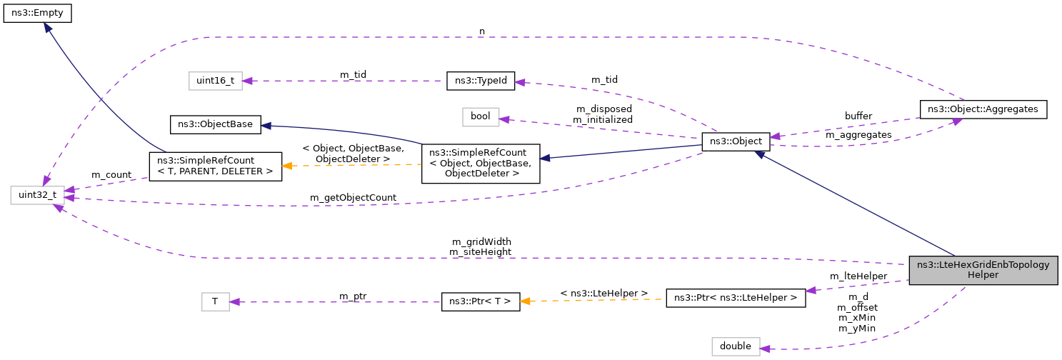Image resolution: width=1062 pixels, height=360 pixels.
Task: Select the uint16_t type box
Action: (x=215, y=81)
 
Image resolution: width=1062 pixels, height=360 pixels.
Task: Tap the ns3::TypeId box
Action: (x=480, y=81)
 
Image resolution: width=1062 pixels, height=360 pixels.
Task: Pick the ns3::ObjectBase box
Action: (x=215, y=124)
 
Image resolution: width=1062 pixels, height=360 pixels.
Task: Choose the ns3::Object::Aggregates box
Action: (x=983, y=109)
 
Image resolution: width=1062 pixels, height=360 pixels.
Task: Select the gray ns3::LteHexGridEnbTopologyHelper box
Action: (x=982, y=269)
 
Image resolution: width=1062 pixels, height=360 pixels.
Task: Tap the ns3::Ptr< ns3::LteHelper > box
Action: (x=736, y=297)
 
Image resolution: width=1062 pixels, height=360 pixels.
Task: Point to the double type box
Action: (x=736, y=346)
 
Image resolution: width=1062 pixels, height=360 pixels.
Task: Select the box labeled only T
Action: (x=215, y=301)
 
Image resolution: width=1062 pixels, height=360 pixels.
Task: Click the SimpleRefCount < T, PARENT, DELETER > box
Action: (x=215, y=165)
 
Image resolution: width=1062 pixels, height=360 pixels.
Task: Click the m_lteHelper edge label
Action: (x=858, y=276)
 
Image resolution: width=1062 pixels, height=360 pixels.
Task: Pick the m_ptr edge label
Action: (x=354, y=296)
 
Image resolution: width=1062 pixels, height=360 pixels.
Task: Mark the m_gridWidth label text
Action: (x=481, y=241)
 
